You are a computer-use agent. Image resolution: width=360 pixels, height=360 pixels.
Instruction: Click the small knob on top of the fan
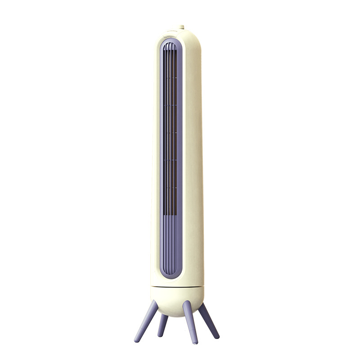181,27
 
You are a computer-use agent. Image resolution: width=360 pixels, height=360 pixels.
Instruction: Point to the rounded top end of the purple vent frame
171,41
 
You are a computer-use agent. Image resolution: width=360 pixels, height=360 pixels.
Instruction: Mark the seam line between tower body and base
178,287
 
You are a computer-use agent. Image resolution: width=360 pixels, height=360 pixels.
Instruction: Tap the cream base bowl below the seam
178,299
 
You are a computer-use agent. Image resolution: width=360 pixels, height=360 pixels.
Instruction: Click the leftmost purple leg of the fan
146,321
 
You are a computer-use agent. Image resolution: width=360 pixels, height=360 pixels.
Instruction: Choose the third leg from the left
190,322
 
